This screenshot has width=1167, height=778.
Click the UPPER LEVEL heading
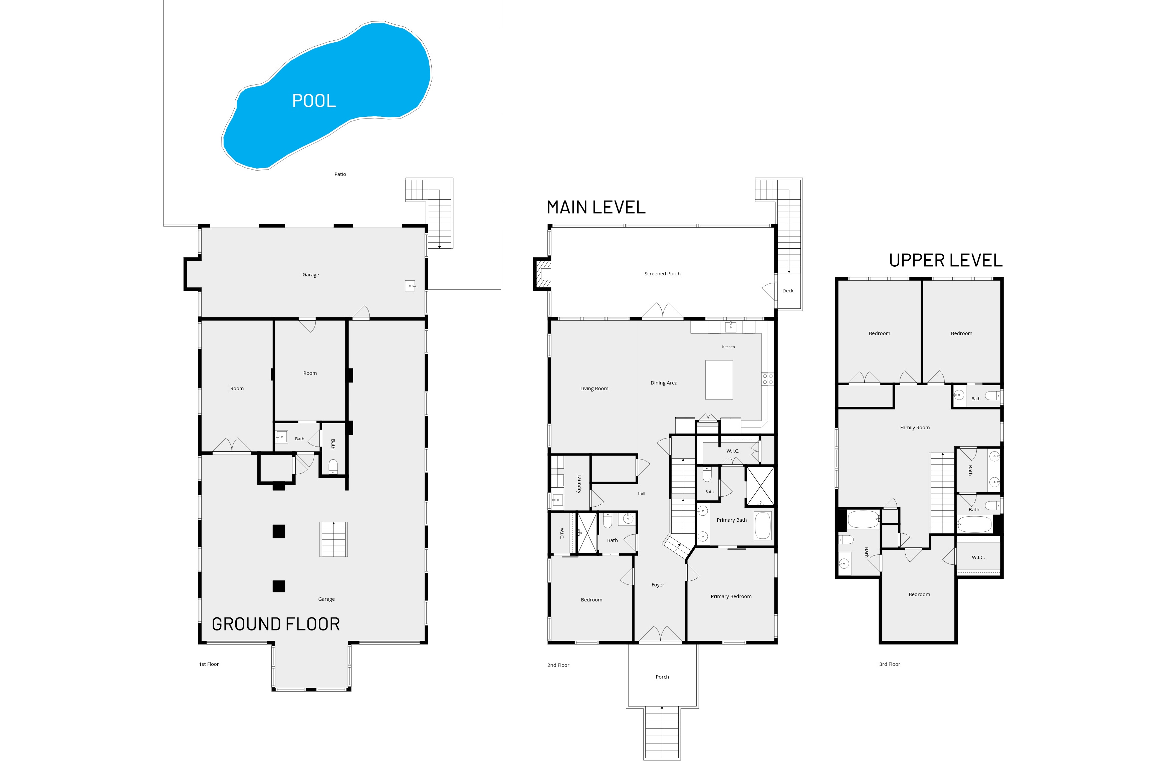pyautogui.click(x=945, y=260)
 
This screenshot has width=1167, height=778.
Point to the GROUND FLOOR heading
pyautogui.click(x=276, y=624)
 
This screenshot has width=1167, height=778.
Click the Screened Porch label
pyautogui.click(x=662, y=273)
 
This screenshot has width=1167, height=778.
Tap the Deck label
pyautogui.click(x=787, y=291)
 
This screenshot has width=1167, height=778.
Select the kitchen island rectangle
pyautogui.click(x=719, y=379)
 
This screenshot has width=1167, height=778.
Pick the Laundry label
pyautogui.click(x=578, y=484)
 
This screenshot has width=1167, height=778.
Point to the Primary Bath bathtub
pyautogui.click(x=763, y=525)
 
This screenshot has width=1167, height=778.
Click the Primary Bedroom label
pyautogui.click(x=731, y=596)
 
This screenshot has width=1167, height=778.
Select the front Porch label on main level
pyautogui.click(x=662, y=677)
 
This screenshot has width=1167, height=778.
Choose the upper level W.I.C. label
pyautogui.click(x=978, y=557)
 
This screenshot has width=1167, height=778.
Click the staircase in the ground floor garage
pyautogui.click(x=333, y=539)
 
